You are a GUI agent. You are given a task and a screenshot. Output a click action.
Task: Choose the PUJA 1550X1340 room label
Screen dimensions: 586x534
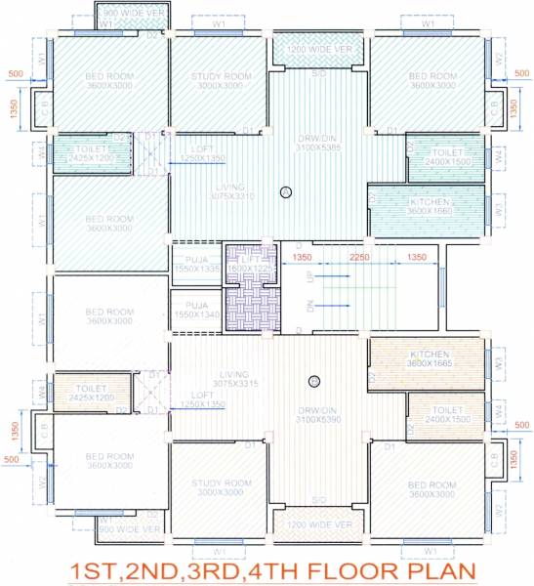coord(195,310)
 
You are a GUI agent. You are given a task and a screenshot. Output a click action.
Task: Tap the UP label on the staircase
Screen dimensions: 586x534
coord(312,278)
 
